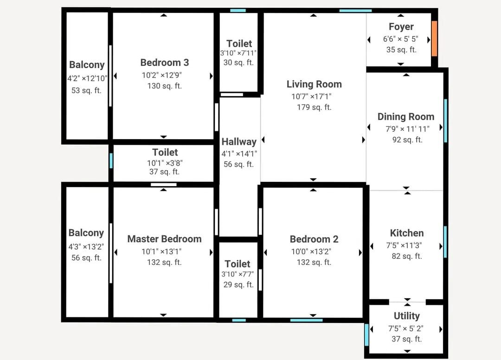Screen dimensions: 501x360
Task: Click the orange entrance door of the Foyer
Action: pos(434,39)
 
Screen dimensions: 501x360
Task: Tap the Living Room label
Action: pos(314,84)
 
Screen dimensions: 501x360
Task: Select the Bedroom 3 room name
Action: pos(165,62)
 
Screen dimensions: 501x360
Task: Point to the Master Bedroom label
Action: pos(164,238)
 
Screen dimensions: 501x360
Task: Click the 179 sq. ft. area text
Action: pos(314,107)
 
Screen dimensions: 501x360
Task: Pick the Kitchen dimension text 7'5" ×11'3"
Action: pos(404,245)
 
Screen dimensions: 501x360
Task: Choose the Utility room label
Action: pos(406,316)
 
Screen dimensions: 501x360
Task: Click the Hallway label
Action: pos(239,141)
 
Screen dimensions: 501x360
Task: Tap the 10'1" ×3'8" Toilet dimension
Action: pos(165,163)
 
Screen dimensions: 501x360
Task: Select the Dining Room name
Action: pos(406,116)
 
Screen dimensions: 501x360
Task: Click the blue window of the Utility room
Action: pos(366,334)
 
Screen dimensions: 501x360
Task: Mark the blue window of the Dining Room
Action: pos(445,121)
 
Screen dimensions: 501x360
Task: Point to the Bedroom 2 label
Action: pos(314,239)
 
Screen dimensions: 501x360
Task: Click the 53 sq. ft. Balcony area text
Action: pos(86,90)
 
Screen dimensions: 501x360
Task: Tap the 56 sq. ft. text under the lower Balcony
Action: pos(86,257)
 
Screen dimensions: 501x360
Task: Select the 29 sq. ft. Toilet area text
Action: pos(238,284)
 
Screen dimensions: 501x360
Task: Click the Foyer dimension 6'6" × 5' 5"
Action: pos(401,39)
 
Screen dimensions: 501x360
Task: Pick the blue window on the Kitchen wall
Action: pos(445,242)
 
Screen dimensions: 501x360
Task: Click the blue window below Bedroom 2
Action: pos(307,320)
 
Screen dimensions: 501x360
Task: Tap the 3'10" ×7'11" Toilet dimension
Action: pos(238,53)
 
